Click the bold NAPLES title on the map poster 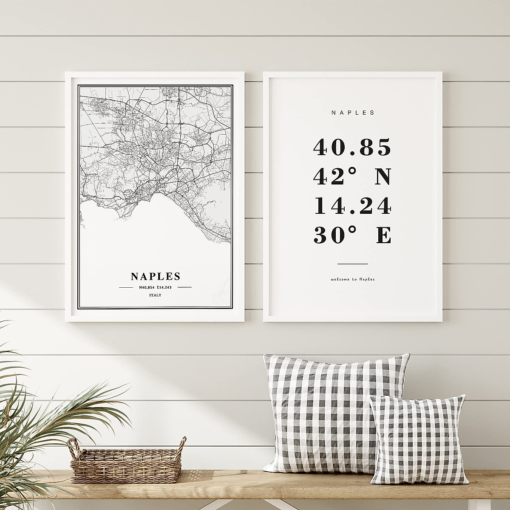[x=156, y=276]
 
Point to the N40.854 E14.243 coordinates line [x=156, y=287]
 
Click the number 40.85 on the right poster [x=352, y=147]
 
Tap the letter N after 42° [x=382, y=177]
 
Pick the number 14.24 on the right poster [x=352, y=207]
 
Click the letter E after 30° [x=384, y=236]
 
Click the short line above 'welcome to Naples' [x=352, y=264]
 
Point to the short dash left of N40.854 [x=126, y=287]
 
